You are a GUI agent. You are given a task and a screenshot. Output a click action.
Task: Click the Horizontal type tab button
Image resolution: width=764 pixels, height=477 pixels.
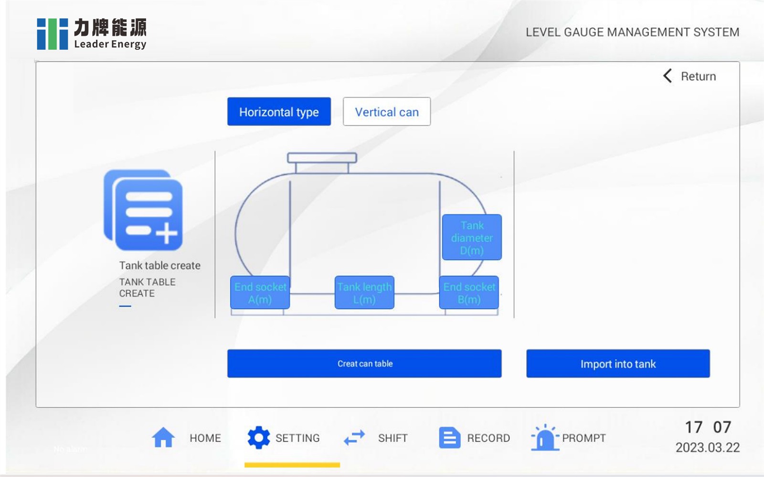coord(279,112)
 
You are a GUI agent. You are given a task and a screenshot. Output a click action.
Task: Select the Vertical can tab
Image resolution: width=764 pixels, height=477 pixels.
coord(387,112)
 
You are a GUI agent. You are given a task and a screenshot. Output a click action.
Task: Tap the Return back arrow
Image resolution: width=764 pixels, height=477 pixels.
coord(668,76)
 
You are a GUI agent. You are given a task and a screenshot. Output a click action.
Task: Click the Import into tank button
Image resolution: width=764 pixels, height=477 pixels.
coord(618,363)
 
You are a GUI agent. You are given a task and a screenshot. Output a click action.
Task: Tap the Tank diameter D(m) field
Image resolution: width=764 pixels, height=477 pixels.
coord(472,238)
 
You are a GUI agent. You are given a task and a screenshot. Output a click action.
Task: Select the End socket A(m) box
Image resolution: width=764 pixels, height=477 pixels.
coord(260,293)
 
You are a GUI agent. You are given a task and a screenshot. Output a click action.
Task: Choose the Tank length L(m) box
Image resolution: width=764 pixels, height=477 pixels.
coord(364,293)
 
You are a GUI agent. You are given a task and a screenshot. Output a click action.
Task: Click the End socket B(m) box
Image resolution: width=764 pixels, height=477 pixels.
coord(469,293)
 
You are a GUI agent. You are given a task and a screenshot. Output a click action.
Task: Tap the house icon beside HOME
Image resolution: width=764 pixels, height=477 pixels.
coord(163,437)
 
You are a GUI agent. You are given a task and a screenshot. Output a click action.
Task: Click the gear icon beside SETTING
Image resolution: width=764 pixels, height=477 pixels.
coord(259,437)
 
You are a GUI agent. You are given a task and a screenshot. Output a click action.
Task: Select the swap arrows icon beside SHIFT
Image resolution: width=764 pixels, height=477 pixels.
coord(354,437)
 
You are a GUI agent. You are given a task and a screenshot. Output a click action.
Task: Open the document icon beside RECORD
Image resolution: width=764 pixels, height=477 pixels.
coord(449,437)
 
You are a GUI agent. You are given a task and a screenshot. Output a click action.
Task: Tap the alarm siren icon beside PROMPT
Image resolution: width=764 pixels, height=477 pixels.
coord(544,437)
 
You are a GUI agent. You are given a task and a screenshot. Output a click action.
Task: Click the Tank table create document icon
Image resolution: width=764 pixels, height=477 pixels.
coord(143,210)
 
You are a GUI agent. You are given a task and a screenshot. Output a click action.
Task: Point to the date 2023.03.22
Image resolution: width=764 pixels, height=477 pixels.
coord(707,447)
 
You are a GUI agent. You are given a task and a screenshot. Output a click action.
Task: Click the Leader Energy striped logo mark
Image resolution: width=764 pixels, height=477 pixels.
coord(53,34)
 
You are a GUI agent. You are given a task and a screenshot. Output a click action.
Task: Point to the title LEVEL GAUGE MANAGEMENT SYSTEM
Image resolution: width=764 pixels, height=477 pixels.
coord(632,32)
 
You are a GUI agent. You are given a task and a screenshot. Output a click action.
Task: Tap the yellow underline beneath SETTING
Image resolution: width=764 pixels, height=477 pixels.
coord(292,465)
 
